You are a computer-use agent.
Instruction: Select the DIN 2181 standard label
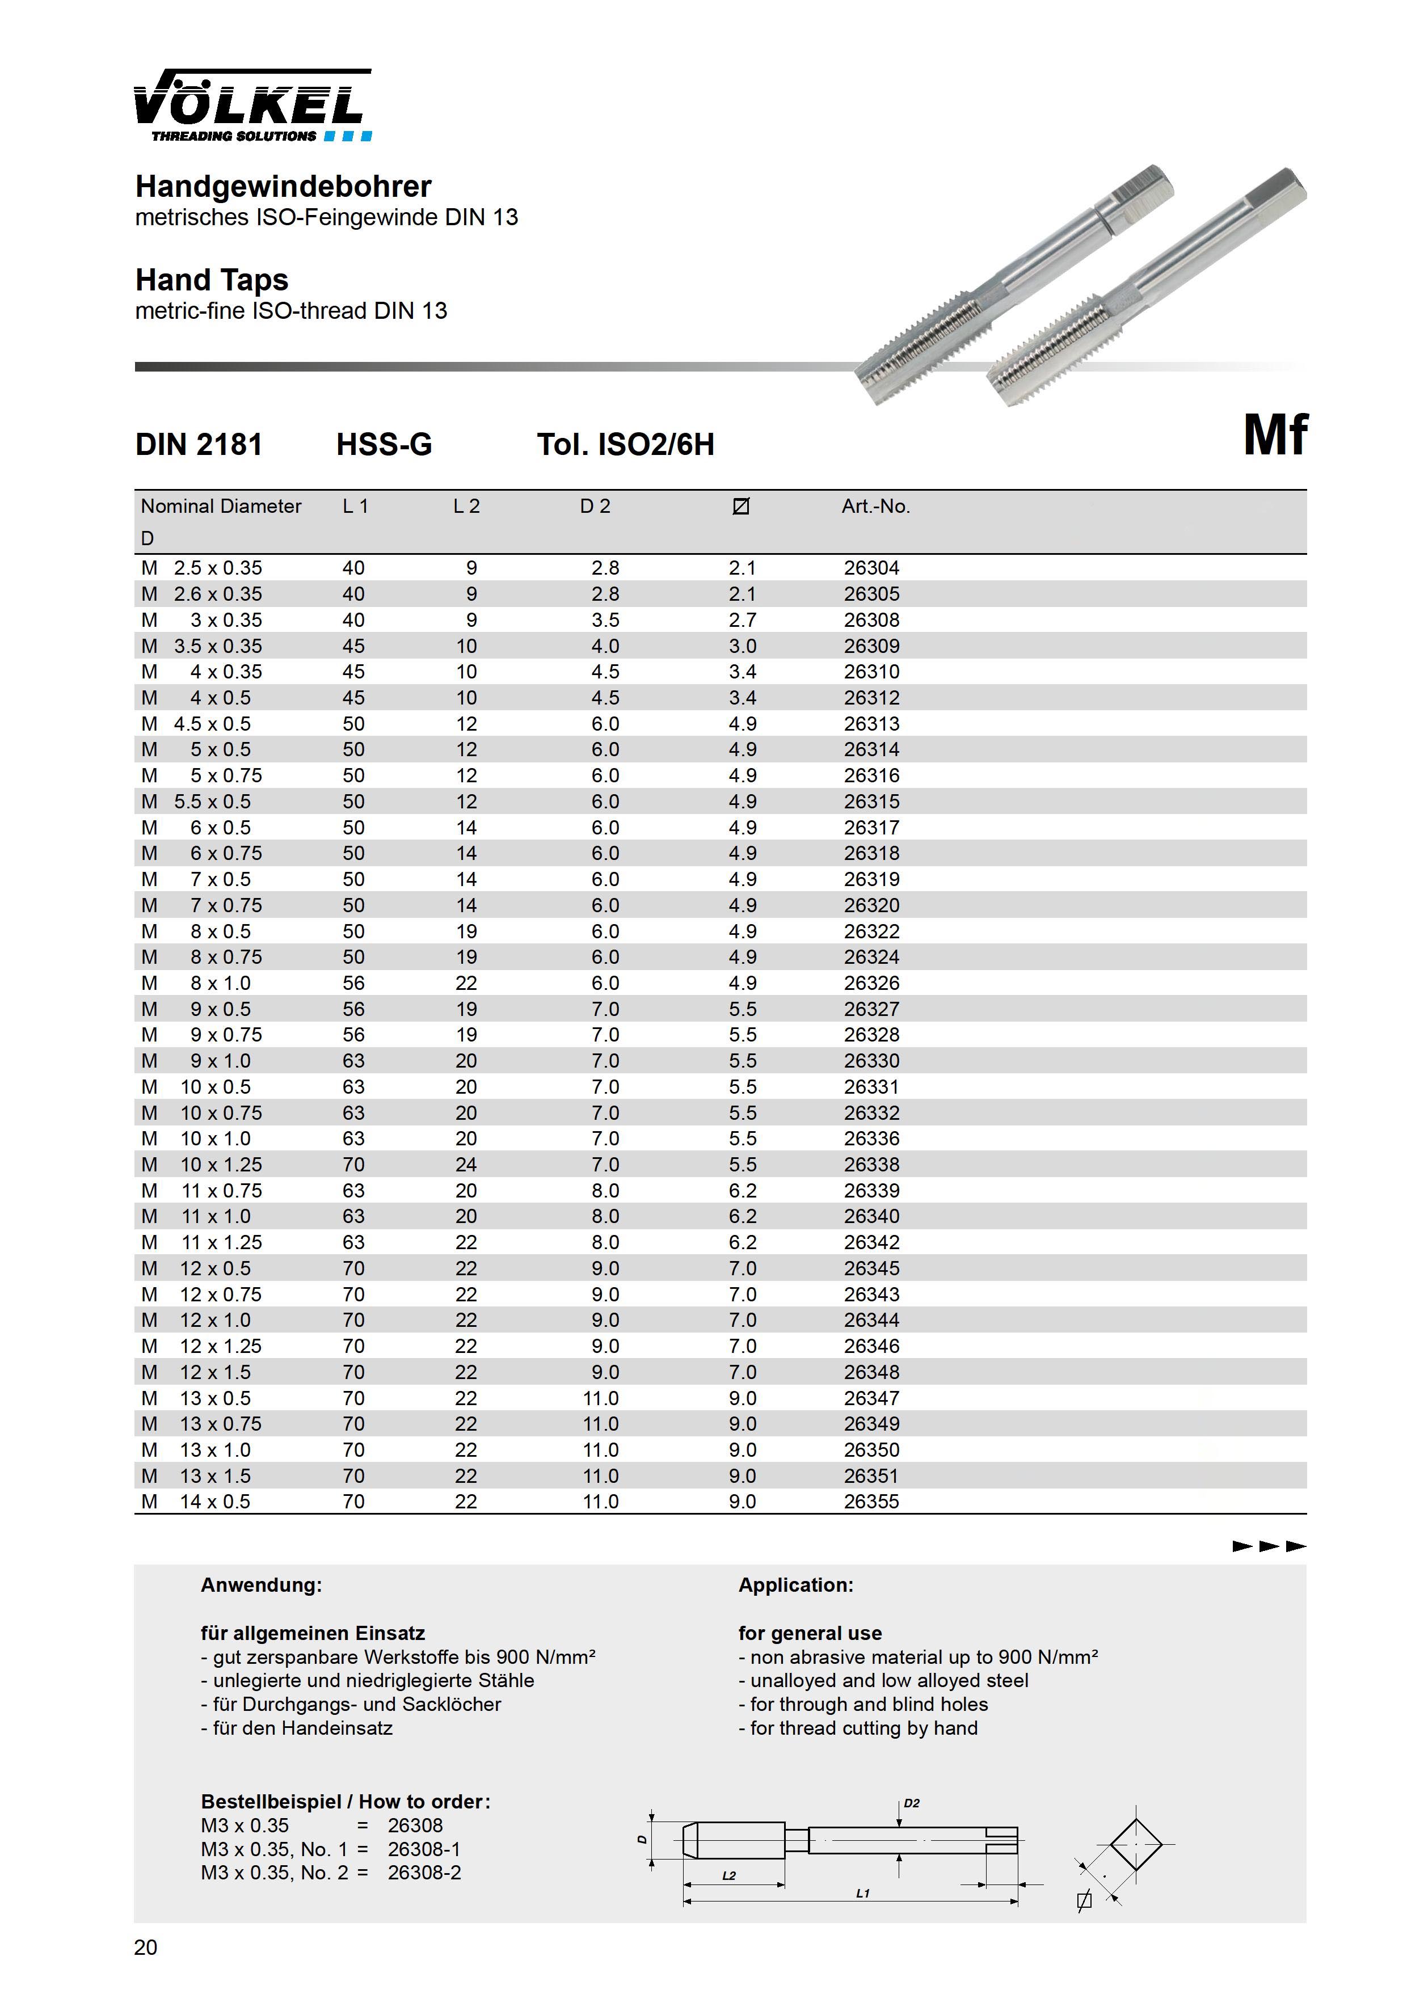pyautogui.click(x=199, y=445)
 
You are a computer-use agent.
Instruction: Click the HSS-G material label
pyautogui.click(x=384, y=445)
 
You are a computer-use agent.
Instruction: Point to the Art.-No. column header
pyautogui.click(x=875, y=506)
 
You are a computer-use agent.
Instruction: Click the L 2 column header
pyautogui.click(x=466, y=506)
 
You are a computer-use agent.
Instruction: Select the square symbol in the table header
pyautogui.click(x=740, y=506)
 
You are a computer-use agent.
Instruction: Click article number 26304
pyautogui.click(x=871, y=568)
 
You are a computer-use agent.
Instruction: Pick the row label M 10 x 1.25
pyautogui.click(x=201, y=1164)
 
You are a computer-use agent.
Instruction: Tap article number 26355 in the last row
pyautogui.click(x=871, y=1501)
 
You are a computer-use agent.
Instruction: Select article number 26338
pyautogui.click(x=871, y=1164)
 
